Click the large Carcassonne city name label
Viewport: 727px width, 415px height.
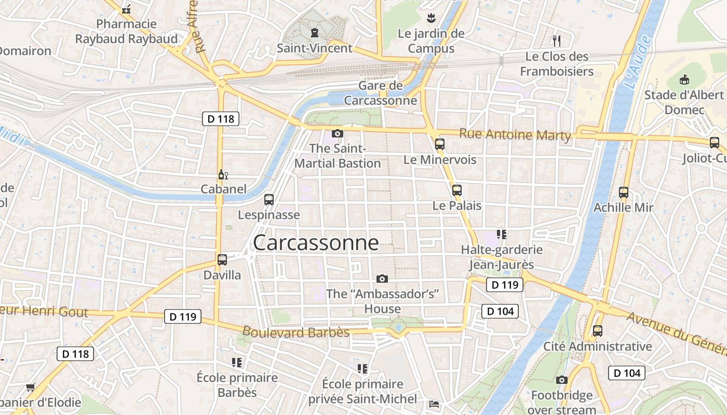(316, 243)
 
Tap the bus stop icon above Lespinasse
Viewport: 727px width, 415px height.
(269, 199)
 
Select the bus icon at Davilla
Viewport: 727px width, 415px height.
(222, 259)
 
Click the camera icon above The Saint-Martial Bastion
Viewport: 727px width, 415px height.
(338, 133)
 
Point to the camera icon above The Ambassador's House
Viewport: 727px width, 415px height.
(382, 279)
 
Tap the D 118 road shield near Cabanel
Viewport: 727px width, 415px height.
(221, 119)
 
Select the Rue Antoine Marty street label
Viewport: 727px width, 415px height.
(515, 135)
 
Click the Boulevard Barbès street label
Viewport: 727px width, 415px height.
(296, 332)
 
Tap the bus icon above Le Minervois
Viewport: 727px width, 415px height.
(440, 144)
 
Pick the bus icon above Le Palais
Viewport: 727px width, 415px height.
(457, 190)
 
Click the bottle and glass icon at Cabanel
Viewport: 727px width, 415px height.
(223, 175)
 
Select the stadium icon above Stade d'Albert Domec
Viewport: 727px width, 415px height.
(684, 80)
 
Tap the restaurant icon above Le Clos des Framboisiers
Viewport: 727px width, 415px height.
(557, 40)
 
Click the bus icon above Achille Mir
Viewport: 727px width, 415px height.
(624, 192)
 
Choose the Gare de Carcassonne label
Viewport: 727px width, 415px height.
(381, 93)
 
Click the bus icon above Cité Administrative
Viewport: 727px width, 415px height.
(598, 330)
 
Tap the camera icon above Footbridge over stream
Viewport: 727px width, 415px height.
(561, 380)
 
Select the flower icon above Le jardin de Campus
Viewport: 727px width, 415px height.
(430, 19)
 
